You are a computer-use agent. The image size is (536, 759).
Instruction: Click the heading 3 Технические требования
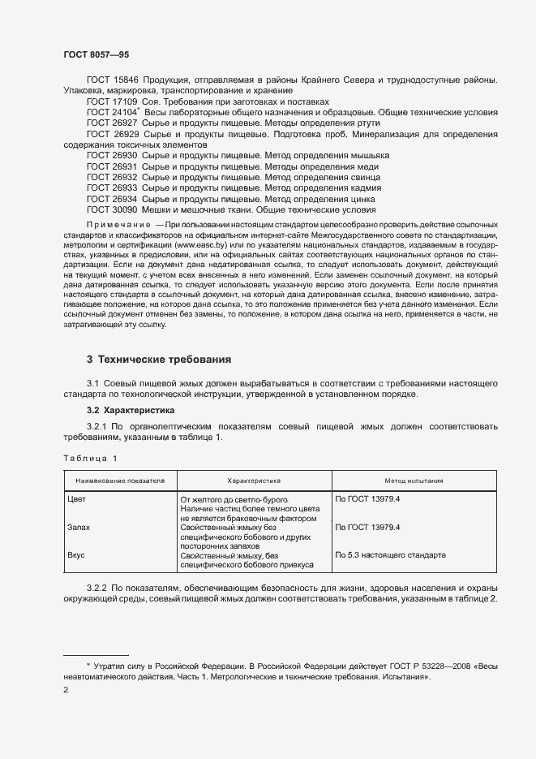click(159, 358)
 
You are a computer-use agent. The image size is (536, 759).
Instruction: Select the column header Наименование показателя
click(120, 481)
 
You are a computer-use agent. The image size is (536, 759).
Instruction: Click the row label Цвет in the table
click(76, 499)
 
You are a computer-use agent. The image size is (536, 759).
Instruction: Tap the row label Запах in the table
click(79, 528)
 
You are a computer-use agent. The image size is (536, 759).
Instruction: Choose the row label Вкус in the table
click(76, 556)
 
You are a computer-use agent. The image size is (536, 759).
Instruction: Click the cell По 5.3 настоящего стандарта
click(390, 556)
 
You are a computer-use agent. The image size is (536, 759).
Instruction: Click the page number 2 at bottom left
click(66, 690)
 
